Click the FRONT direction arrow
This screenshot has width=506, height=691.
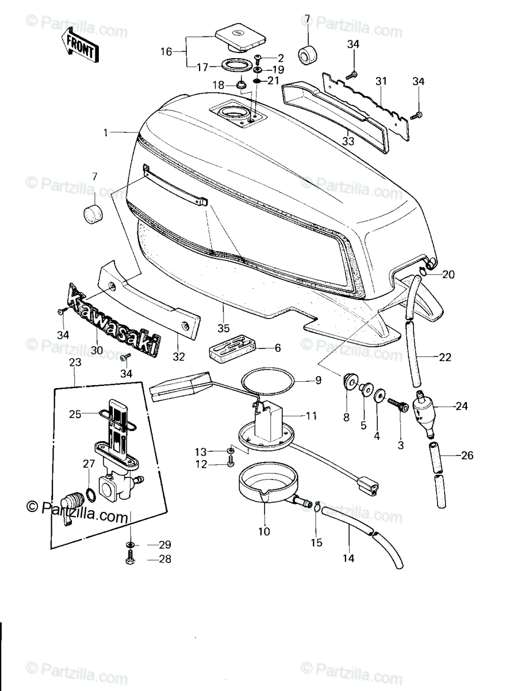click(80, 45)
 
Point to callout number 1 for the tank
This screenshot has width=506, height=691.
click(106, 133)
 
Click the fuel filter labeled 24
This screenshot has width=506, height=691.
click(424, 413)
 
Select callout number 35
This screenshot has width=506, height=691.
click(224, 328)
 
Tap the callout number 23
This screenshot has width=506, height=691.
click(75, 362)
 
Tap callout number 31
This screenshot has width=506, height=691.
click(381, 81)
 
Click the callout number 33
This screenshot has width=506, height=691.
click(348, 141)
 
